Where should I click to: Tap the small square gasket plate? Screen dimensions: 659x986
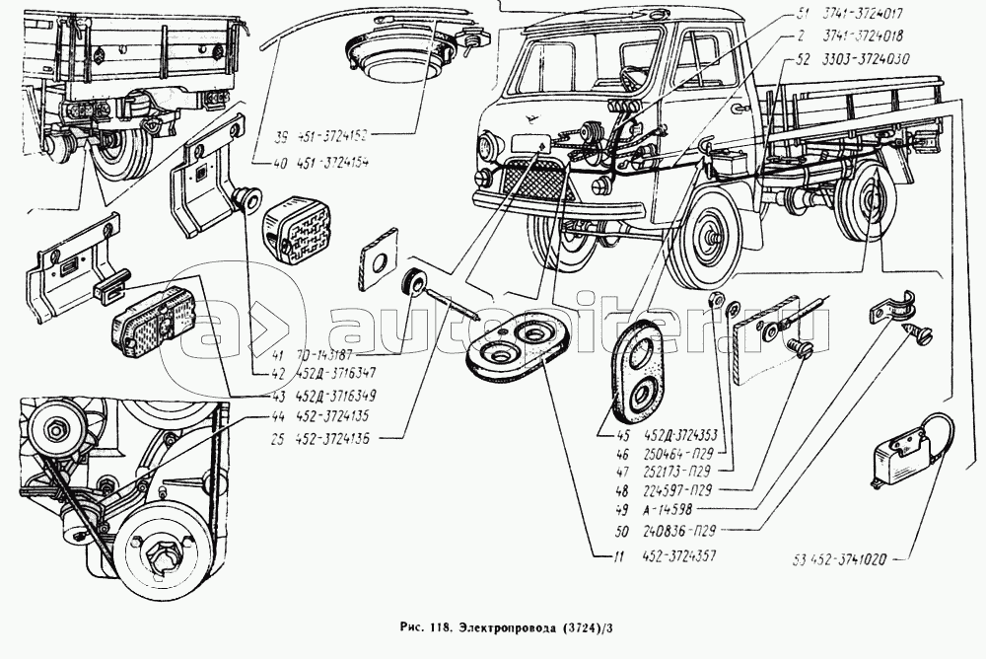(378, 252)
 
